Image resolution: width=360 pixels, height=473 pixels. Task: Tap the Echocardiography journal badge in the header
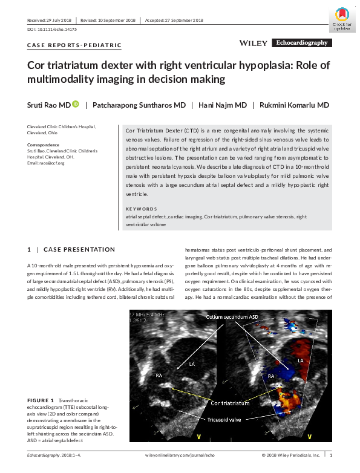point(301,43)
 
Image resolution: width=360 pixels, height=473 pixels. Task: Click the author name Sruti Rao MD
point(48,105)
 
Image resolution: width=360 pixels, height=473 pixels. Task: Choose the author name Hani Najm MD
point(223,105)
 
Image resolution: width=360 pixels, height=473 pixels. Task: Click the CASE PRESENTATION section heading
point(79,249)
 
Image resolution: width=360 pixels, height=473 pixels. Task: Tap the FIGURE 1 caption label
point(41,400)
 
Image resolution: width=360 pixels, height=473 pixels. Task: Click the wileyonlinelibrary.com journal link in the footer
point(179,454)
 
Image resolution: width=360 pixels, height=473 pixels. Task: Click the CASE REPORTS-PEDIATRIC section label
point(74,45)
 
